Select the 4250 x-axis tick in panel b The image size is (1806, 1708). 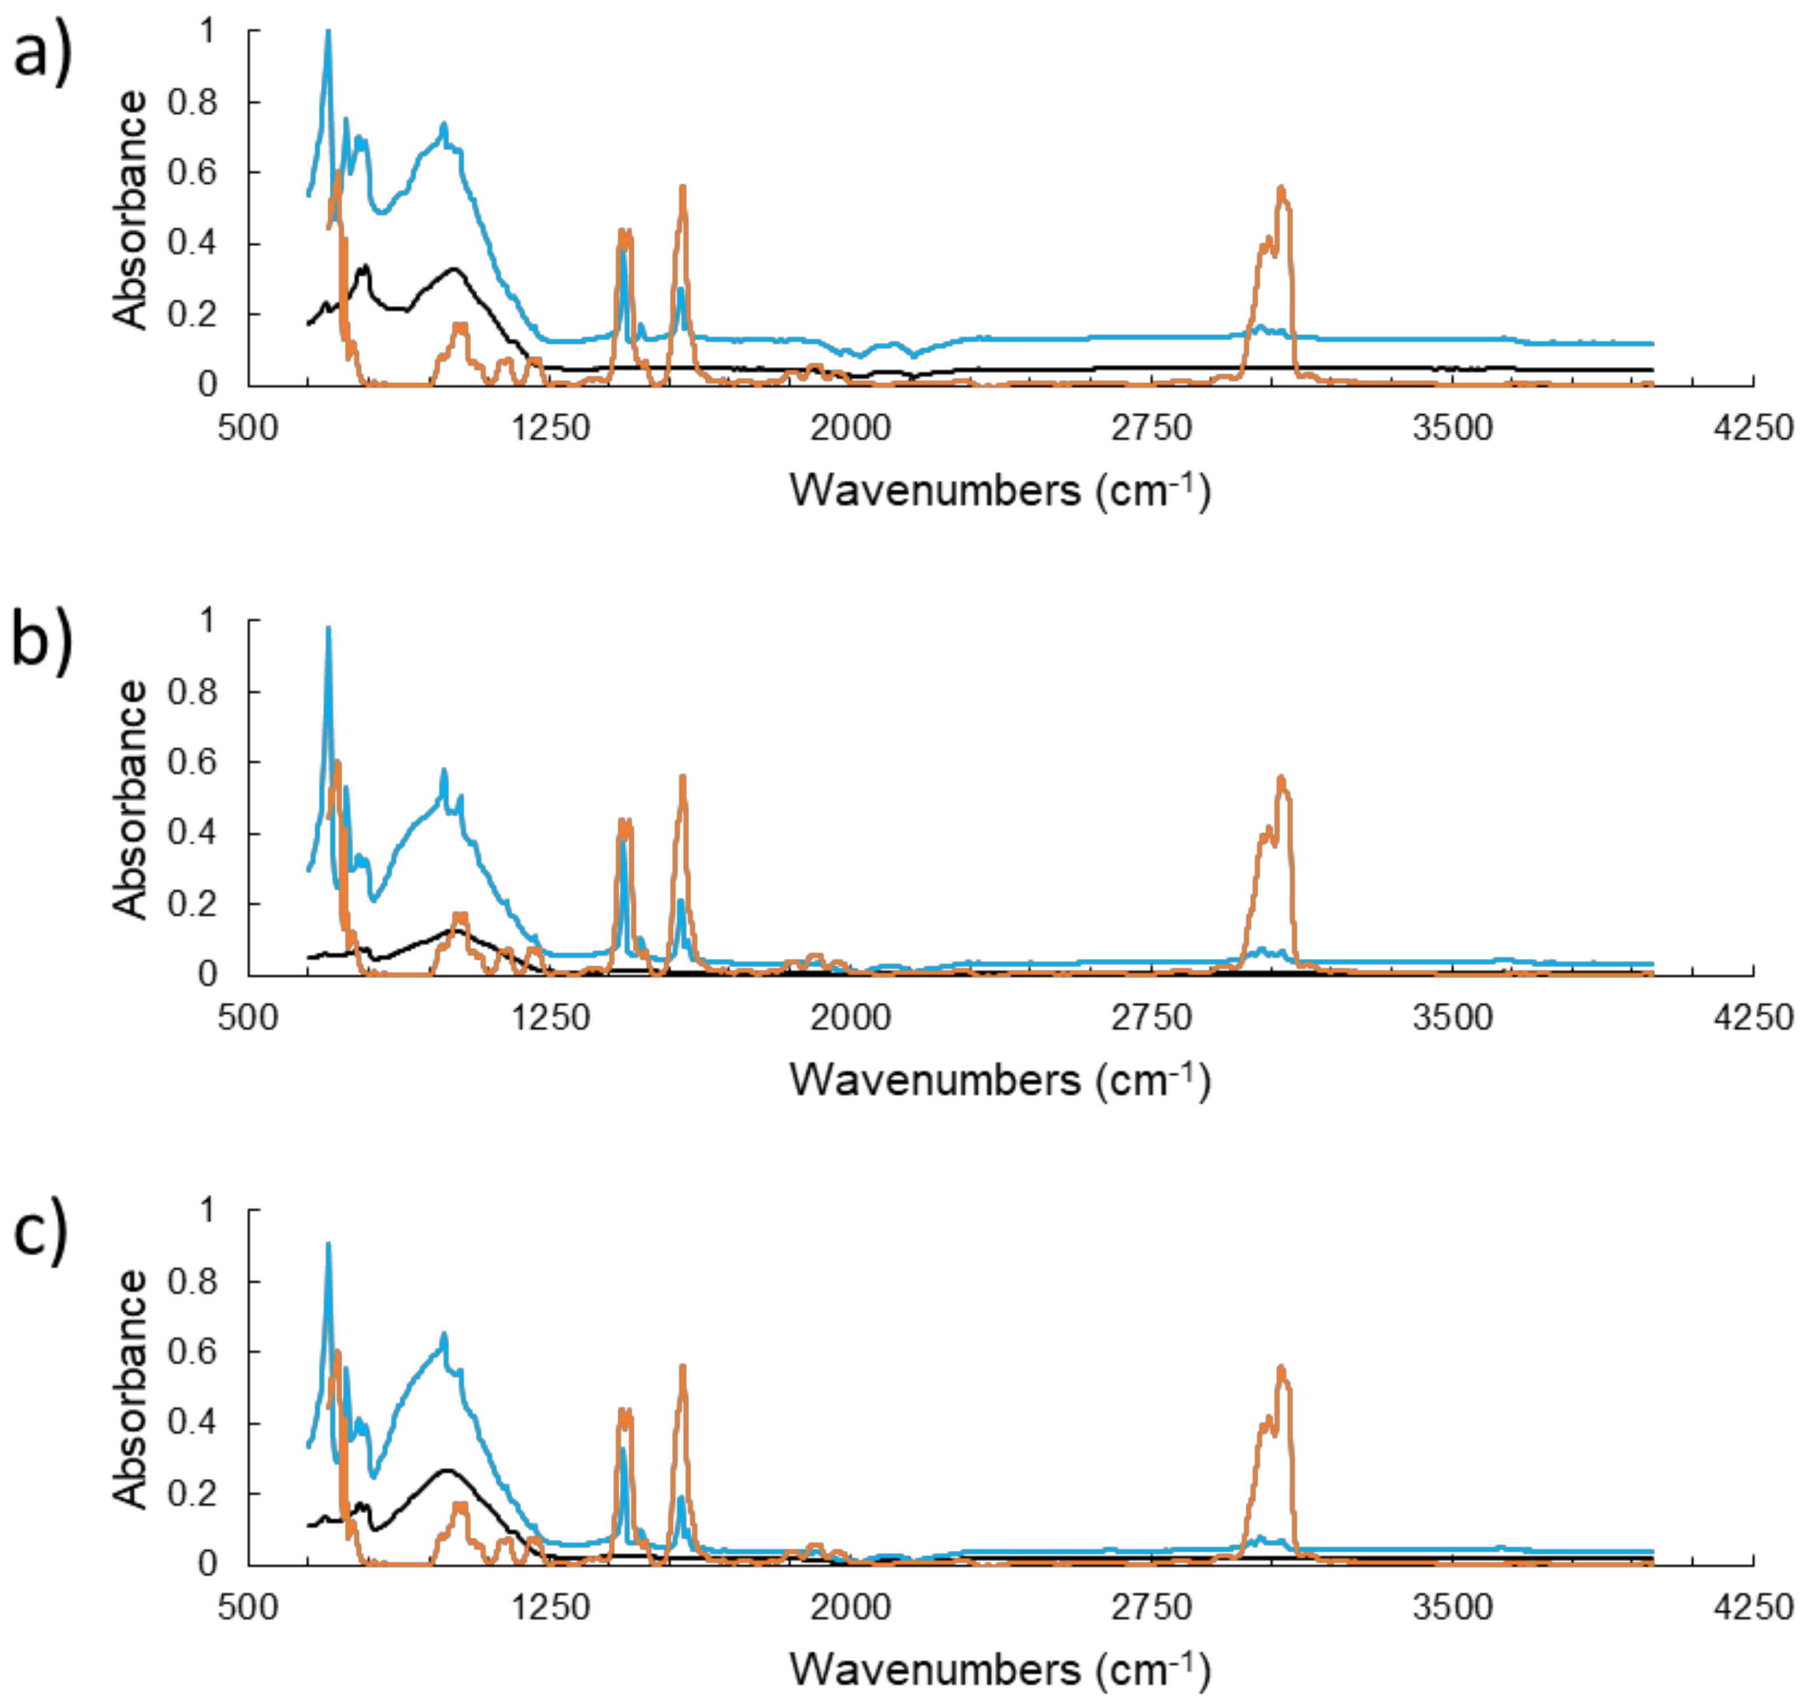1752,1017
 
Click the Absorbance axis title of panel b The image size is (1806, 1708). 130,799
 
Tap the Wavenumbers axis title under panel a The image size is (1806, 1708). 1000,490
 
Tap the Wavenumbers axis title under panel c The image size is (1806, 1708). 1000,1670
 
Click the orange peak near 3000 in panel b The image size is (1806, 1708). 1281,779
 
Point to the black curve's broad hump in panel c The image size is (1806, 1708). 446,1470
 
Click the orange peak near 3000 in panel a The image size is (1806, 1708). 1281,189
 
